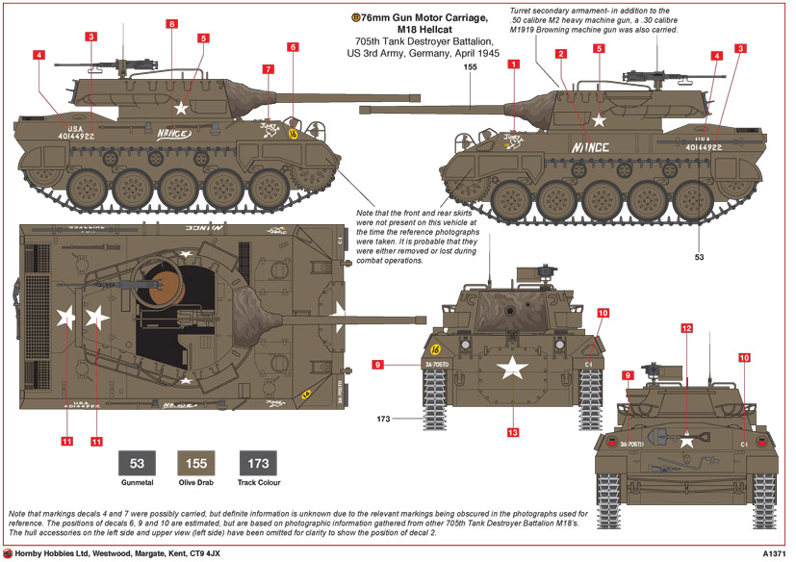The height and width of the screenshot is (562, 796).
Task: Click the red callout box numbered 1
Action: [x=514, y=64]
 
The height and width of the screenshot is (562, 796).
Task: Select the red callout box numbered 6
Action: [x=293, y=47]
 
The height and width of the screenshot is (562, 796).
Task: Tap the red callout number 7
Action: [x=268, y=70]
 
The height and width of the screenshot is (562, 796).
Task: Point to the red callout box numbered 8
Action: [x=170, y=23]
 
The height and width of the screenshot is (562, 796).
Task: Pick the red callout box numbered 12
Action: [x=686, y=328]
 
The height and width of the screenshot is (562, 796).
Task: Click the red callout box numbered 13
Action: [x=513, y=433]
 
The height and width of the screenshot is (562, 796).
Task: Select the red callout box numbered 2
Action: [x=559, y=54]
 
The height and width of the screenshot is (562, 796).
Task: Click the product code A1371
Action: [x=774, y=553]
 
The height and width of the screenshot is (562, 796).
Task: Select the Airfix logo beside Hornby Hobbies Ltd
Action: [x=8, y=553]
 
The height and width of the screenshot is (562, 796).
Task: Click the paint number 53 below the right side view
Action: [x=700, y=257]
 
